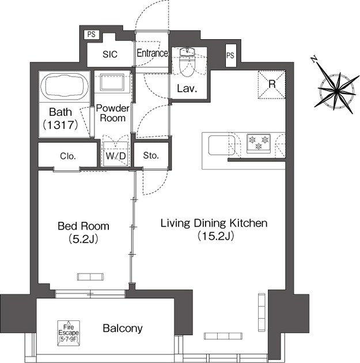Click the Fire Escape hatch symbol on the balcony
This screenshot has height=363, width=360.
coord(69,333)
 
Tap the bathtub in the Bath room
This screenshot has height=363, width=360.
coord(65,86)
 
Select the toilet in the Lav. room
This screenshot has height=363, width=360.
coord(187,62)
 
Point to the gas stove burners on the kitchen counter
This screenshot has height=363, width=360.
coord(259,143)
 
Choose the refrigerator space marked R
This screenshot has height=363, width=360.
coord(272,85)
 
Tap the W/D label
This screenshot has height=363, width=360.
coord(116,156)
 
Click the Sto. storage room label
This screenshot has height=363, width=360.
coord(151,156)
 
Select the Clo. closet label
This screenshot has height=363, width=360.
coord(68,156)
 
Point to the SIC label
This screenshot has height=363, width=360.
coord(110,54)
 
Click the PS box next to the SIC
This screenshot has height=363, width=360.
coord(92,35)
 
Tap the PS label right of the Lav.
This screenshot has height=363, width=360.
coord(230,55)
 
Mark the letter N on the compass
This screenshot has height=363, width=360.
coord(314,59)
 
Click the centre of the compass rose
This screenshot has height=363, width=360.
coord(336,90)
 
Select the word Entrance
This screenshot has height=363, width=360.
coord(152,53)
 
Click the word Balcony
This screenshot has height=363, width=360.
coord(123,328)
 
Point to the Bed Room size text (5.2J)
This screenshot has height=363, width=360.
coord(84,239)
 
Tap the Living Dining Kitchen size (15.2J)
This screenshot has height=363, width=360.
coord(215,236)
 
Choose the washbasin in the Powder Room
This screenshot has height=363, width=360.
coord(112,82)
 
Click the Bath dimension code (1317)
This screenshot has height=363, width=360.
coord(60,125)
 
